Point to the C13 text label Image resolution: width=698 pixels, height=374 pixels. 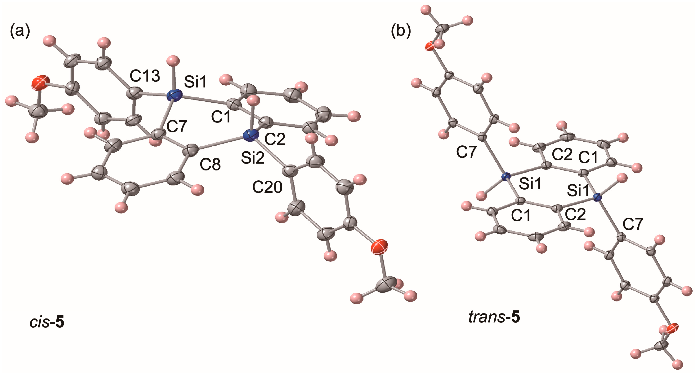pos(145,76)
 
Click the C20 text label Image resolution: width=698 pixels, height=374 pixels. pos(267,187)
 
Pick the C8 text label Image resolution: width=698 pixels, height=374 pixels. pos(210,164)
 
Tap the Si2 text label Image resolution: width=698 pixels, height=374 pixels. pos(253,158)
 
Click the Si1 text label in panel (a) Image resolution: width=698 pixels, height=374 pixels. pos(196,82)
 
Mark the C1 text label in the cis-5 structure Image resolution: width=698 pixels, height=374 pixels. pos(221,117)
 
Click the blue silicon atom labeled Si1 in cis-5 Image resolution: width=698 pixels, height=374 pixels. pos(174,95)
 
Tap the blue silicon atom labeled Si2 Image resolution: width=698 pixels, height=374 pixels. pos(251,135)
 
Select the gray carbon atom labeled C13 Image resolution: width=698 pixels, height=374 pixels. pos(134,94)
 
